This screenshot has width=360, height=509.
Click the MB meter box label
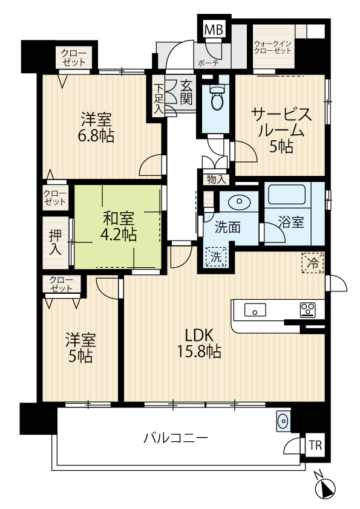coord(214,30)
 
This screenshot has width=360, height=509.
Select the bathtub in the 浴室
coord(287,195)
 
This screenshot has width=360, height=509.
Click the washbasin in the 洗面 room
coord(240,201)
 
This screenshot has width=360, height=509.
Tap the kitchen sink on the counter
coord(255,310)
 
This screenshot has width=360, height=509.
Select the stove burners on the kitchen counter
coord(307,310)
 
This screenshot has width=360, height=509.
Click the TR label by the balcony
coord(315,446)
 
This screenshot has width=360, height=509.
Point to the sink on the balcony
coord(283,421)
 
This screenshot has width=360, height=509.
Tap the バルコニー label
coord(175,438)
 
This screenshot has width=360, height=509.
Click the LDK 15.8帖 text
coord(199,343)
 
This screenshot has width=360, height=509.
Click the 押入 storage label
coord(55,242)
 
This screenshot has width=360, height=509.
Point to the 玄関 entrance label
coord(186,92)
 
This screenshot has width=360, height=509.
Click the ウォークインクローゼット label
coord(273,47)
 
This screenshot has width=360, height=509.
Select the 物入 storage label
coord(216,180)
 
